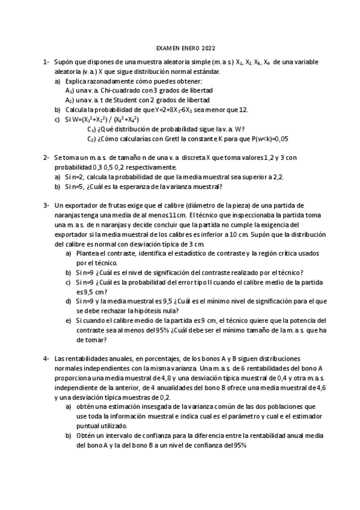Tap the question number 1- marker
pyautogui.click(x=46, y=62)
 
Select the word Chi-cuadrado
pyautogui.click(x=120, y=90)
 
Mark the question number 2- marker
pyautogui.click(x=46, y=157)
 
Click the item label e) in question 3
pyautogui.click(x=68, y=321)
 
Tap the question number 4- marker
pyautogui.click(x=46, y=358)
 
